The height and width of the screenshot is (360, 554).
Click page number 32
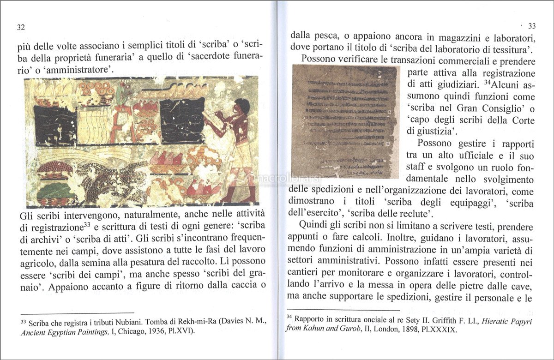point(21,27)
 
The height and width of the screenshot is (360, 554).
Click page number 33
point(531,26)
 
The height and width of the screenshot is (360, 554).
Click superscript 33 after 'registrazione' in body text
point(86,225)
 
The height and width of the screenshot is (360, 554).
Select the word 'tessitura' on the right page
point(512,48)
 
